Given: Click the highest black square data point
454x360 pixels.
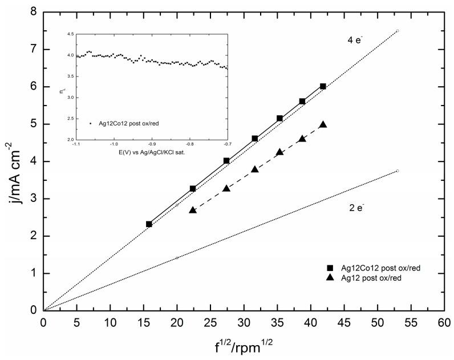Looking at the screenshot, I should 323,86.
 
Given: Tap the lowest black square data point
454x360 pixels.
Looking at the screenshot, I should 149,224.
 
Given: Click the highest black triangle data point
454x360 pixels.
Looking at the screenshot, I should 323,124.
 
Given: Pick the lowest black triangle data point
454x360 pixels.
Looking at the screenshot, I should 192,210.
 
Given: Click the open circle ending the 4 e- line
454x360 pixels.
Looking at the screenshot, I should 398,31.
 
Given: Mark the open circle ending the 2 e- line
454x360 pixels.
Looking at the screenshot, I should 398,171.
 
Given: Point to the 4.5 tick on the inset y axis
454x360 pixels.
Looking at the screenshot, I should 68,35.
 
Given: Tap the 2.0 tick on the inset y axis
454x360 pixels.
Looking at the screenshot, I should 68,140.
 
